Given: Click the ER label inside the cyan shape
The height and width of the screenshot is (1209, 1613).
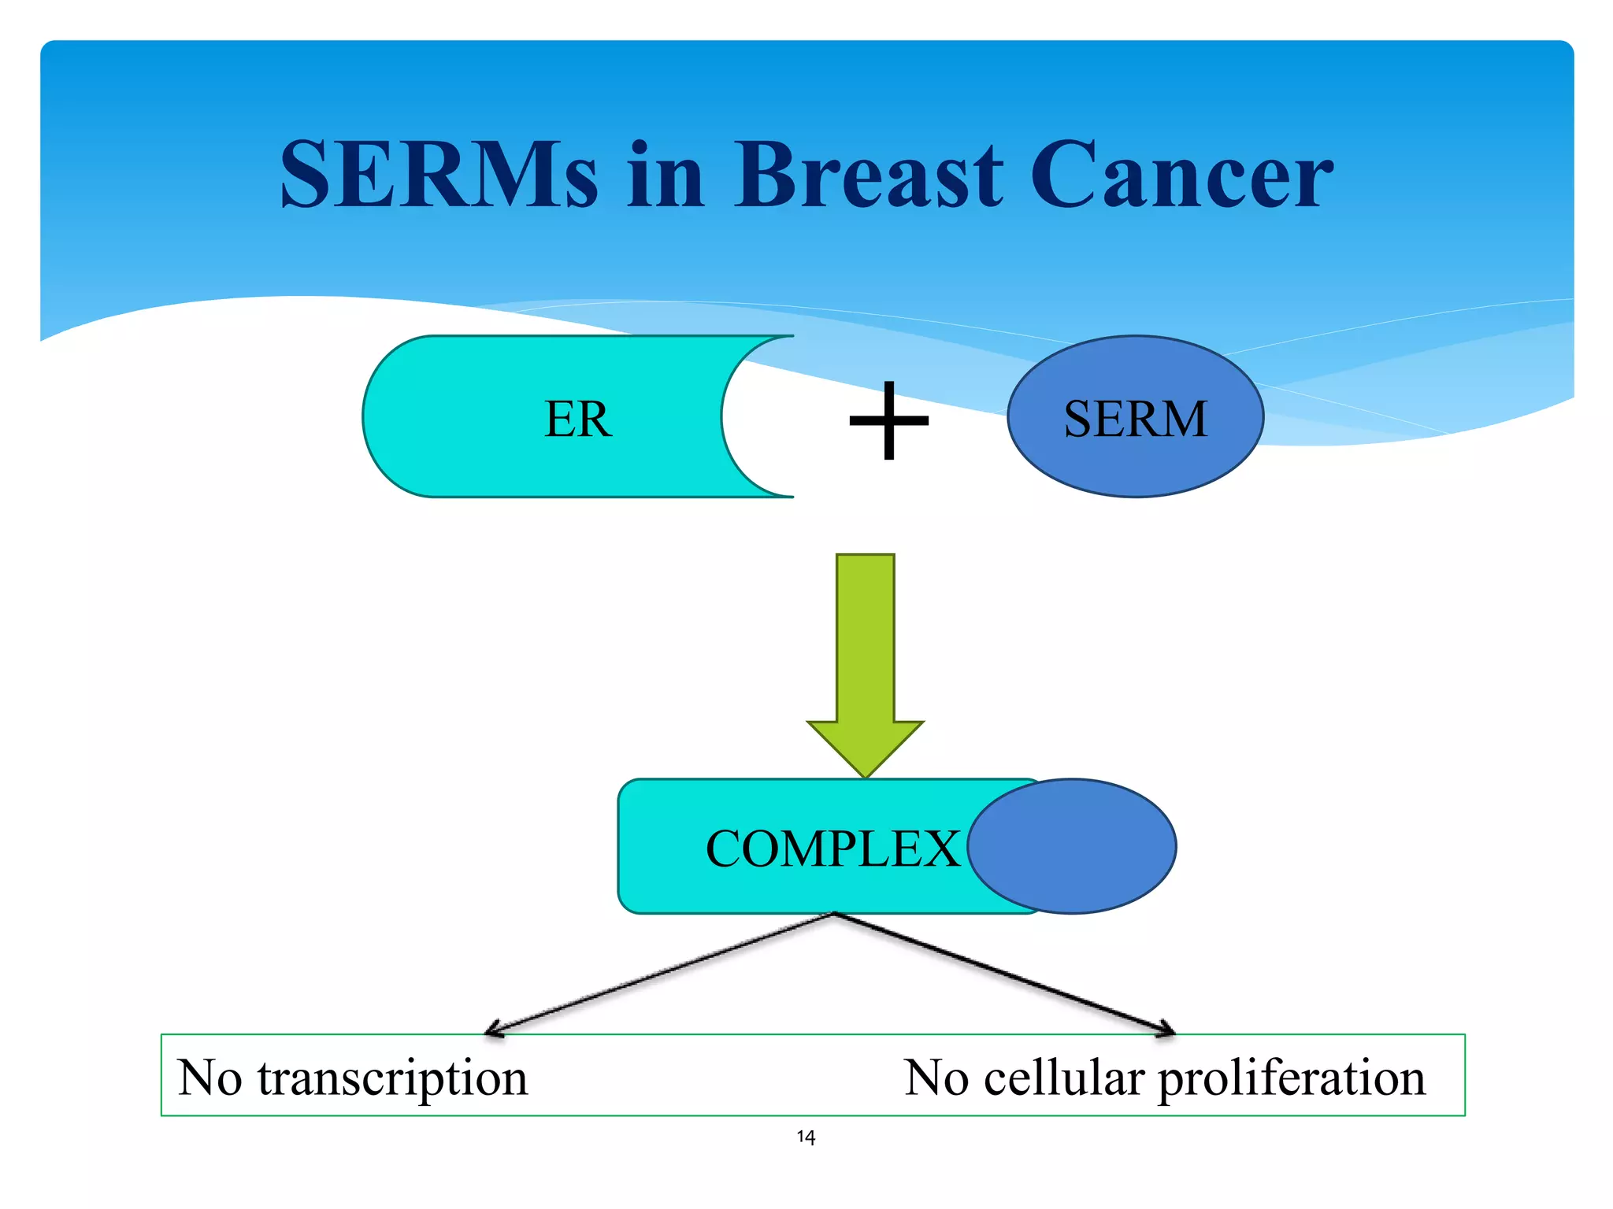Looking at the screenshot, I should (x=577, y=418).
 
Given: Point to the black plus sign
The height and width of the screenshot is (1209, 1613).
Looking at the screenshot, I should (x=889, y=420).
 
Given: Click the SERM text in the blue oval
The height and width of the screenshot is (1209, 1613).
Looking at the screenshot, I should (x=1135, y=418).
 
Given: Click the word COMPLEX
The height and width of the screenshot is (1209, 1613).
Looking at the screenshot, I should (x=832, y=849).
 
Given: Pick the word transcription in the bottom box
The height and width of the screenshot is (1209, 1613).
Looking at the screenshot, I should (x=392, y=1078).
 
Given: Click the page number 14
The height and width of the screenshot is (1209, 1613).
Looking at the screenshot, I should (x=806, y=1137).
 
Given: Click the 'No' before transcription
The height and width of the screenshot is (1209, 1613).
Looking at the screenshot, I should (x=210, y=1078).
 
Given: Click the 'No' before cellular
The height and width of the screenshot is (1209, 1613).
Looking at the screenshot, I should (x=936, y=1078).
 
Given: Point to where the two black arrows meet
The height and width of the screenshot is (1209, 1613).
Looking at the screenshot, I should (x=833, y=914).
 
